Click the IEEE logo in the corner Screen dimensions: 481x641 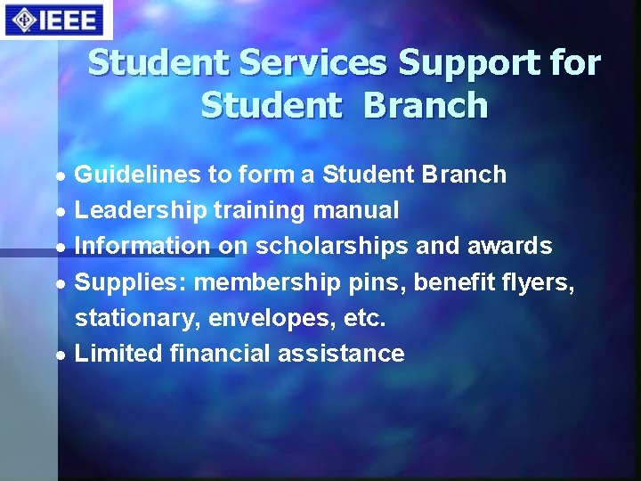(x=53, y=20)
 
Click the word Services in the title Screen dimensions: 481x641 (x=302, y=63)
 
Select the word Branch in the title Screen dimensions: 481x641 (x=426, y=105)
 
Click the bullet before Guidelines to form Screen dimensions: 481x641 (x=59, y=176)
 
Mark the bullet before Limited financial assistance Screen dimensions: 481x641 (x=59, y=355)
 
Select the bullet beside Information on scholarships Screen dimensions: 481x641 (x=59, y=248)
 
